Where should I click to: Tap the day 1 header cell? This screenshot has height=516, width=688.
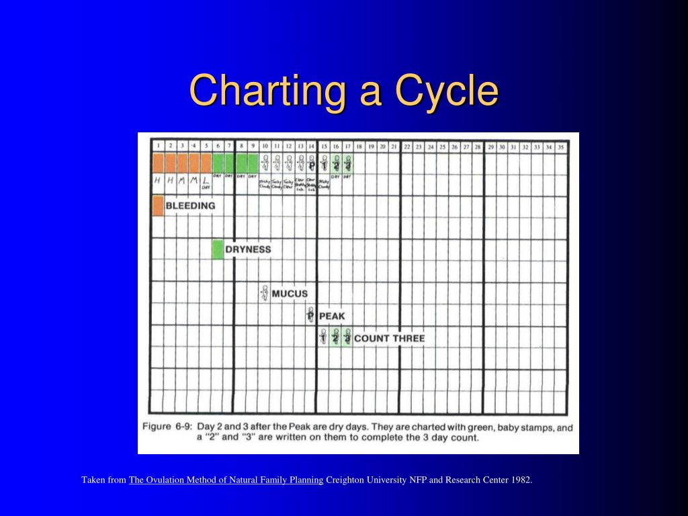tap(158, 145)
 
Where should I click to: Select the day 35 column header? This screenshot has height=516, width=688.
tap(561, 146)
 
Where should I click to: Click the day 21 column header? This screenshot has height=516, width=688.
tap(394, 146)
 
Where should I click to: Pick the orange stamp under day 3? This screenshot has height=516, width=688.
tap(182, 163)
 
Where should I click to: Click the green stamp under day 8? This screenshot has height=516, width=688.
tap(241, 163)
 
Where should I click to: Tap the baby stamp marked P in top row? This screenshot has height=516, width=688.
tap(312, 163)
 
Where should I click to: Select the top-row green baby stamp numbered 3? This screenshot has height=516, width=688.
tap(347, 163)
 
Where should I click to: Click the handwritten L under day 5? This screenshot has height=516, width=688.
tap(206, 181)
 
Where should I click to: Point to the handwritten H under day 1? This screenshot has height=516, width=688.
tap(158, 181)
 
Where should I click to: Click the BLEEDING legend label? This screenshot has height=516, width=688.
tap(190, 206)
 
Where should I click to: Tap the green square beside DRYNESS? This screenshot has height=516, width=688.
tap(218, 249)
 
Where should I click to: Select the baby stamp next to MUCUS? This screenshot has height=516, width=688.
tap(265, 293)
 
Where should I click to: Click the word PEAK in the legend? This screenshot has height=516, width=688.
tap(332, 316)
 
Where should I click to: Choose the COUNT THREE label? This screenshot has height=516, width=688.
tap(389, 338)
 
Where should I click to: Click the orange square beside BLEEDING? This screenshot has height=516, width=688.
tap(158, 206)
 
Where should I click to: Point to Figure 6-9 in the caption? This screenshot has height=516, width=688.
tap(167, 427)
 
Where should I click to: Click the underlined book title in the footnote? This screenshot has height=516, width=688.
tap(226, 480)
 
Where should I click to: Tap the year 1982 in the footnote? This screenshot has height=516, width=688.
tap(521, 480)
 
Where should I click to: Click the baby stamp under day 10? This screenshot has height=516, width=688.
tap(265, 163)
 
